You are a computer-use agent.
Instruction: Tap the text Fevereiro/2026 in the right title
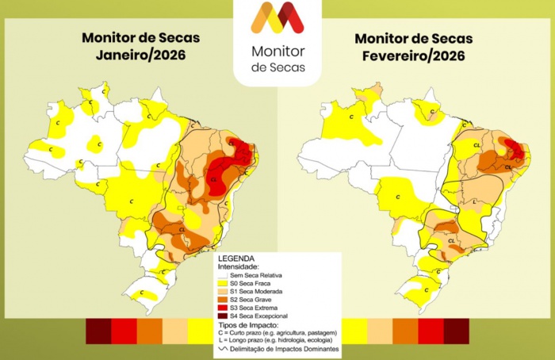point(413,56)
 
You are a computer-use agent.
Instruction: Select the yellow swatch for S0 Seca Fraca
point(222,284)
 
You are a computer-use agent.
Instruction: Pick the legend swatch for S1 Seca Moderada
point(222,292)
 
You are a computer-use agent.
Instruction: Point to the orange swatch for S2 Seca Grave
point(222,300)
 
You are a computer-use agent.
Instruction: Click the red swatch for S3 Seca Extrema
point(222,308)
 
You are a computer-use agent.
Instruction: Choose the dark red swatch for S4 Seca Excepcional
point(222,316)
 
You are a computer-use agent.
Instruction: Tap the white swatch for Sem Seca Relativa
point(222,275)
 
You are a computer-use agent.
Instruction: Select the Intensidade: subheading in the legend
point(239,266)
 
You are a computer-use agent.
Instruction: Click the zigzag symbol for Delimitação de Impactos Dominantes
point(222,349)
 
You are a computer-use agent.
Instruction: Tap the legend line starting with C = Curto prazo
point(277,332)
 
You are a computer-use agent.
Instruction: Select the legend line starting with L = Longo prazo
point(277,340)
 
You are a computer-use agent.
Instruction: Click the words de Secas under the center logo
point(277,67)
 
